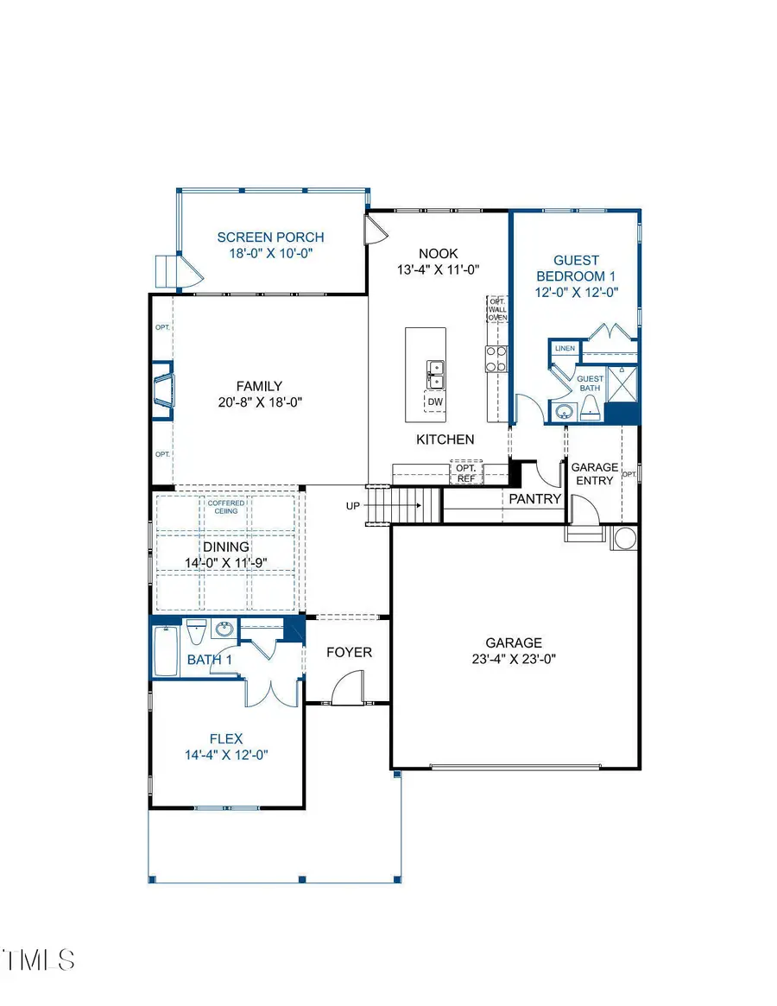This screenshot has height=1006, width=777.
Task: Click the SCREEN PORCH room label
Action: tap(270, 237)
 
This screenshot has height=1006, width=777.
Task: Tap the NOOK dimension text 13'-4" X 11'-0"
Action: tap(438, 269)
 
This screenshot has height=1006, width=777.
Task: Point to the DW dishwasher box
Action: tap(436, 402)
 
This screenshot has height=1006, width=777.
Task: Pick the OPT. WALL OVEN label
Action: tap(497, 308)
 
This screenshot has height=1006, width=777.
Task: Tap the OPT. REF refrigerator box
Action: tap(466, 472)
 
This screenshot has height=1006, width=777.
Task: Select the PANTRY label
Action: tap(534, 499)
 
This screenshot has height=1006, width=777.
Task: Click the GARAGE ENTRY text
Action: tap(594, 474)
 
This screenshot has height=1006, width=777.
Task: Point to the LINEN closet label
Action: tap(565, 349)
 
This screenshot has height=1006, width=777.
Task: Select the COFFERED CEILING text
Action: tap(226, 507)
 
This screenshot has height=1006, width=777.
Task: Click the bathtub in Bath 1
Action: tap(166, 650)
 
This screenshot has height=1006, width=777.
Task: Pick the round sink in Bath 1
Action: tap(225, 630)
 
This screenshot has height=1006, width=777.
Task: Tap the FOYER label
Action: tap(349, 652)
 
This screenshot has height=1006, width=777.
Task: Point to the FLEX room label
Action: tap(226, 739)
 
